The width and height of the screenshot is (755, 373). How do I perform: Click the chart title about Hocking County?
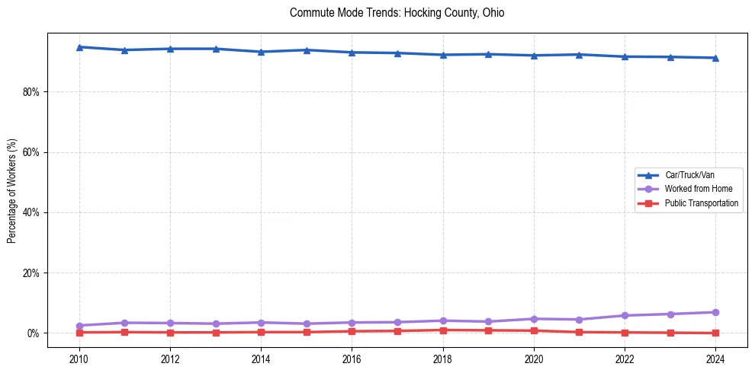tap(397, 13)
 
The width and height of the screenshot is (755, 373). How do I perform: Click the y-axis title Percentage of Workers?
tap(11, 191)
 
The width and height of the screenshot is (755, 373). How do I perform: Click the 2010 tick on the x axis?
tap(79, 359)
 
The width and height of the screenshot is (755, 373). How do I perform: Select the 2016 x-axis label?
tap(352, 359)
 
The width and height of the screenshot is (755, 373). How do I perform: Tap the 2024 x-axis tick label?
tap(715, 359)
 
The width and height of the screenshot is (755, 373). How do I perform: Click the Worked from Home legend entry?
tap(694, 189)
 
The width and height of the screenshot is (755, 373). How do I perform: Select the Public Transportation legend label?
tap(701, 203)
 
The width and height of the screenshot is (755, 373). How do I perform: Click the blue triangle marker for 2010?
tap(79, 47)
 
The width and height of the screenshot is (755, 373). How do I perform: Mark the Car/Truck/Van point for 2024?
tap(715, 58)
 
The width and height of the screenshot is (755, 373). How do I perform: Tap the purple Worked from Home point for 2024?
tap(715, 312)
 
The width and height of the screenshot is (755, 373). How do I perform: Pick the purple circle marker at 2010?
tap(79, 326)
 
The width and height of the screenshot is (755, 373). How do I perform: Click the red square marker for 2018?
tap(443, 330)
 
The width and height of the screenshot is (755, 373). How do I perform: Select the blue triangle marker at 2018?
tap(443, 55)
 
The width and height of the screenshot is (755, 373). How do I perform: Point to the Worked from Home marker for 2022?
tap(625, 315)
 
